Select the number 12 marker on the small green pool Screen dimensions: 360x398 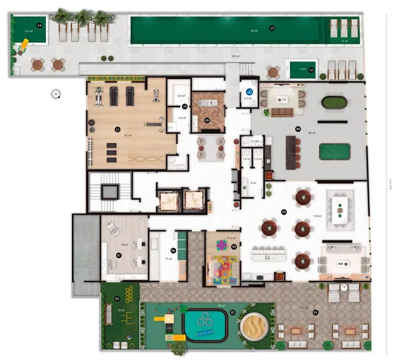click(x=312, y=68)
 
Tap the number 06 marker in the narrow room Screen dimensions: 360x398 click(x=174, y=250)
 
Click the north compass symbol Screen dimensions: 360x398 click(x=56, y=94)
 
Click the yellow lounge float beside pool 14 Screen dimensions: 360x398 click(x=24, y=44)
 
